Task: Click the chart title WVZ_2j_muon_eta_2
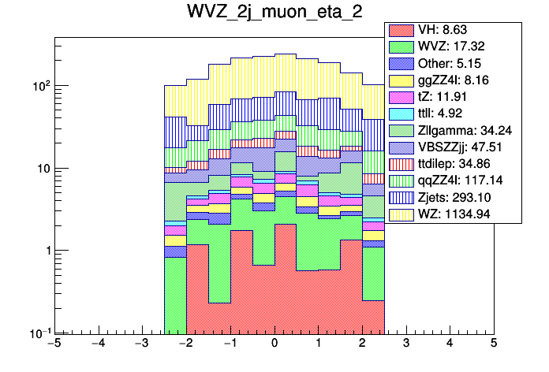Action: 274,15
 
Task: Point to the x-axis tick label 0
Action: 274,344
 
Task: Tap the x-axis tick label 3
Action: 405,344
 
